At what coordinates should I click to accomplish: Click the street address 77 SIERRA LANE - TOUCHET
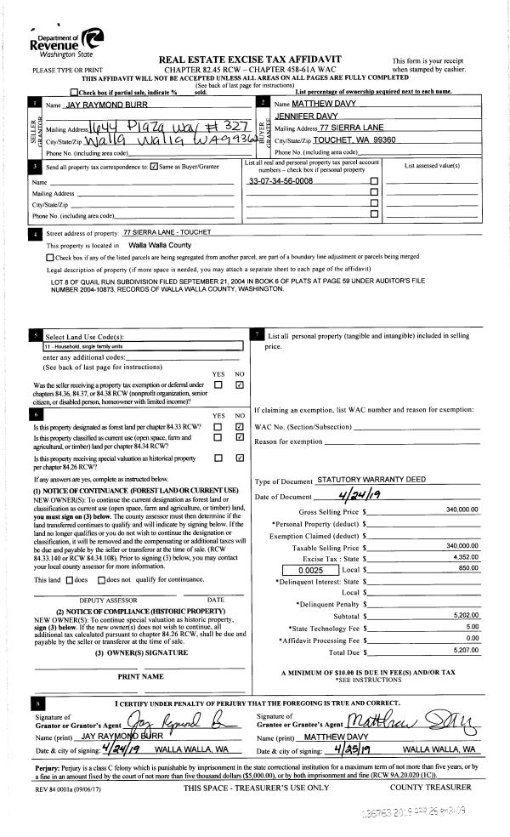pyautogui.click(x=167, y=232)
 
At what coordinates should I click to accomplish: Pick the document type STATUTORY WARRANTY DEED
pyautogui.click(x=371, y=481)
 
